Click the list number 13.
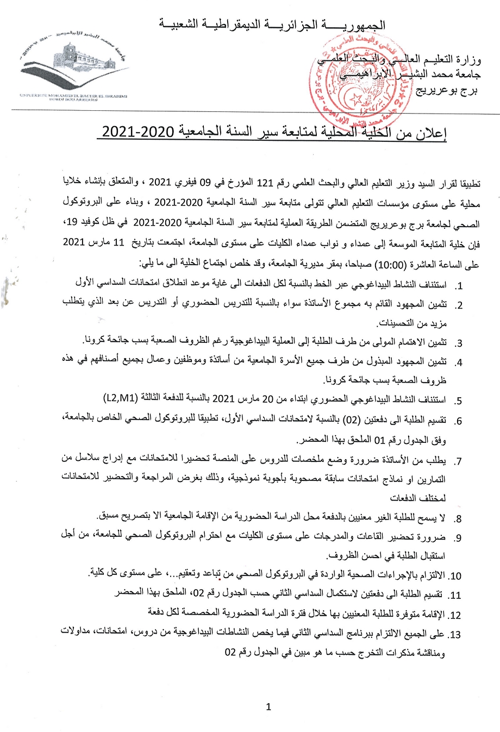(x=454, y=635)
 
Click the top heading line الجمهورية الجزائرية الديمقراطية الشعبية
(x=272, y=24)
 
